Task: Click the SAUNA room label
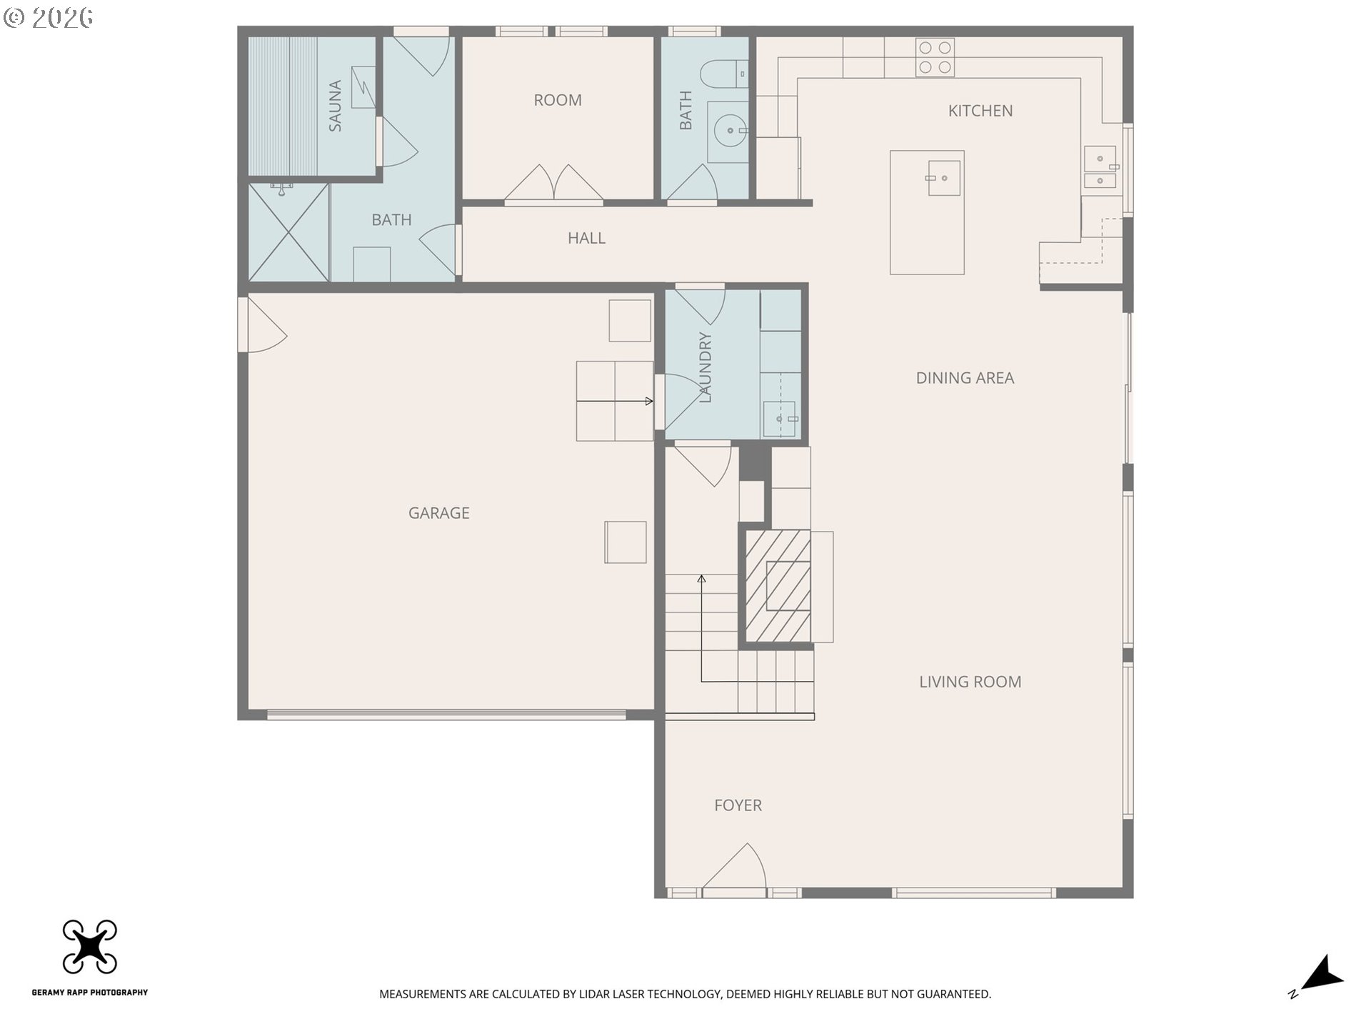pyautogui.click(x=335, y=106)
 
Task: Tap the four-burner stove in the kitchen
pyautogui.click(x=935, y=57)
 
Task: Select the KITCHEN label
pyautogui.click(x=980, y=111)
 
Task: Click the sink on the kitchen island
pyautogui.click(x=943, y=178)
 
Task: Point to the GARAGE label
pyautogui.click(x=438, y=513)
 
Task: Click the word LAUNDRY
pyautogui.click(x=705, y=367)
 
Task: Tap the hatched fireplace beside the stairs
pyautogui.click(x=778, y=586)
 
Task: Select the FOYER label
pyautogui.click(x=738, y=805)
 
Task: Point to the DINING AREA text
pyautogui.click(x=965, y=378)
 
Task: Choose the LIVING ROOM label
pyautogui.click(x=970, y=682)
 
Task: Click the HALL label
pyautogui.click(x=586, y=238)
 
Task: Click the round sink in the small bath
pyautogui.click(x=730, y=131)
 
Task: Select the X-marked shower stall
pyautogui.click(x=288, y=232)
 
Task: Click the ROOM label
pyautogui.click(x=558, y=100)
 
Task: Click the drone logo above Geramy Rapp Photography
pyautogui.click(x=90, y=947)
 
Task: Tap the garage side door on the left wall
pyautogui.click(x=263, y=324)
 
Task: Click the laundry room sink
pyautogui.click(x=779, y=419)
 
